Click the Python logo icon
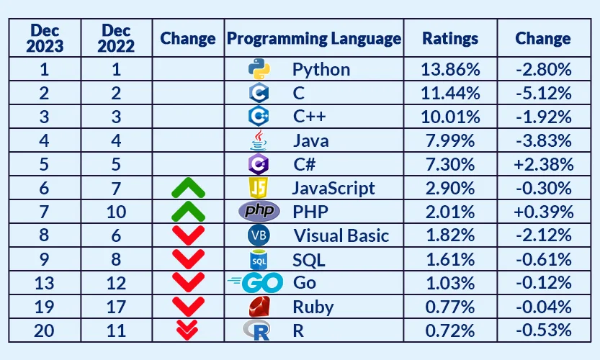tap(259, 69)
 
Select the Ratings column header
tap(449, 38)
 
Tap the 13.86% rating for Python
tap(449, 70)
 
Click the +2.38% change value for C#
tap(543, 164)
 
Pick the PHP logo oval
tap(259, 212)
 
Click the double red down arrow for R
tap(189, 330)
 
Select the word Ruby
tap(313, 307)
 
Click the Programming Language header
tap(314, 38)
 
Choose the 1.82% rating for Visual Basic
tap(449, 235)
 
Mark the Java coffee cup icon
tap(259, 140)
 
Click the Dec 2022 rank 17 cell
tap(116, 307)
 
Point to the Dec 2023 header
tap(45, 38)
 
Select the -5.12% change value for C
tap(543, 93)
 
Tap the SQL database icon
tap(259, 259)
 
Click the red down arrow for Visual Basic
tap(189, 235)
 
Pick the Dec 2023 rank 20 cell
tap(45, 330)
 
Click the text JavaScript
tap(333, 188)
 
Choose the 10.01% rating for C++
tap(449, 117)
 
